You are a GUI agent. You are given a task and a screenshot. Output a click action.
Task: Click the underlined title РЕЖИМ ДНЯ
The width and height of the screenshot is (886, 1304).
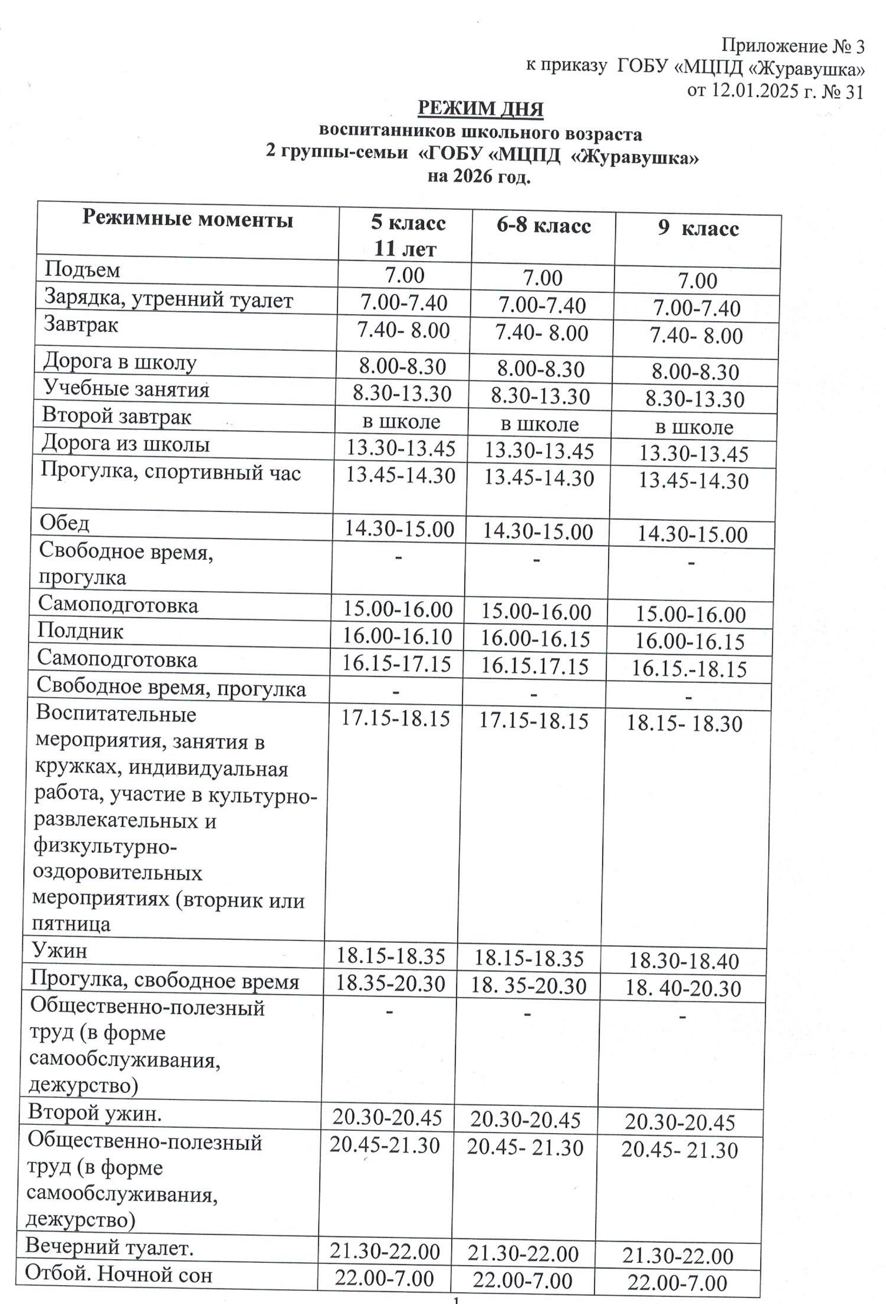pos(480,109)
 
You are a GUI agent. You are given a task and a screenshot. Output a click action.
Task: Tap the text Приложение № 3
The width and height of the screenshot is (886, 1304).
pos(792,46)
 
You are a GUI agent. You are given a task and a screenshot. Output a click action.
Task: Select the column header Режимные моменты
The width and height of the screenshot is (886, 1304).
pos(187,219)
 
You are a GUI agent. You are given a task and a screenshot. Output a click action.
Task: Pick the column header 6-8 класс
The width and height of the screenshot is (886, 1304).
pos(543,226)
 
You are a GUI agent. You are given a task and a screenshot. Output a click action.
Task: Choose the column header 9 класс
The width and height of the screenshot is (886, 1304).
pos(698,229)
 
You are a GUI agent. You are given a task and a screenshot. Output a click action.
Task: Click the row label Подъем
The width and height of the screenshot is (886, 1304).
pos(83,270)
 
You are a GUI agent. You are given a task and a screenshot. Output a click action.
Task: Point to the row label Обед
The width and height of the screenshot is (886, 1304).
pos(65,523)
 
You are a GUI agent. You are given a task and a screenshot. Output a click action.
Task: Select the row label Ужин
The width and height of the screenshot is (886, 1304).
pos(60,950)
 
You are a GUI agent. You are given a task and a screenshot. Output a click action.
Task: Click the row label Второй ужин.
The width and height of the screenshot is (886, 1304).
pos(94,1113)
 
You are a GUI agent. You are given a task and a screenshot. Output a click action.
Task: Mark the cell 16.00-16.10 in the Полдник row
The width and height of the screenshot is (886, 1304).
pos(398,636)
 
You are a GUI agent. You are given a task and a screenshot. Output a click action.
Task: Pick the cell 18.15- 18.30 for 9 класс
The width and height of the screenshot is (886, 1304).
pos(684,724)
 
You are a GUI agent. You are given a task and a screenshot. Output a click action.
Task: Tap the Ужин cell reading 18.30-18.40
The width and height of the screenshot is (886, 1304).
pos(683,961)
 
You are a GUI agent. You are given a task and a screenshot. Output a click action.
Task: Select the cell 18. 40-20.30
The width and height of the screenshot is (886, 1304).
pos(683,988)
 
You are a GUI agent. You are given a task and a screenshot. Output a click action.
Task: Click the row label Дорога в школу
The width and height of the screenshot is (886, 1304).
pos(120,362)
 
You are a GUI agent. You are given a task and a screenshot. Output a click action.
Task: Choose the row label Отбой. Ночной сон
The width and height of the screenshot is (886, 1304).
pos(118,1275)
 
